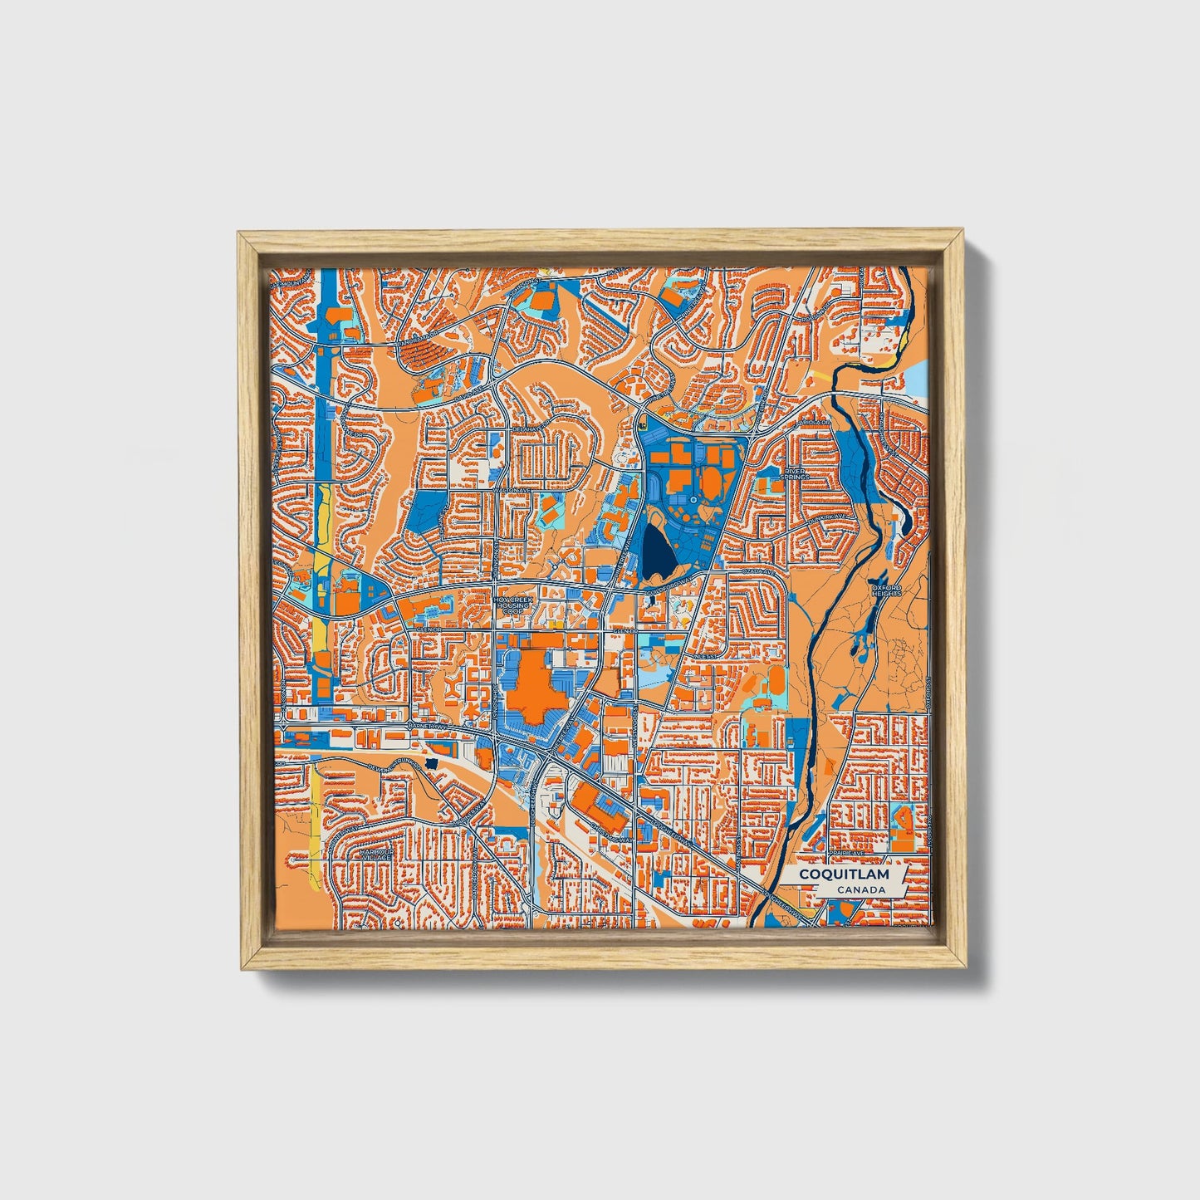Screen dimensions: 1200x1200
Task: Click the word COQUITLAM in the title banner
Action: click(x=844, y=874)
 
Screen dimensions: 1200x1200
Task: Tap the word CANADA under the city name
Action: click(x=860, y=890)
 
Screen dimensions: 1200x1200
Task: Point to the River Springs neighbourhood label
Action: click(x=795, y=473)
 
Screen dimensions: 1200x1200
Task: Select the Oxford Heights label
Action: click(x=886, y=590)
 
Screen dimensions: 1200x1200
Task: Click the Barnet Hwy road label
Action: click(x=428, y=727)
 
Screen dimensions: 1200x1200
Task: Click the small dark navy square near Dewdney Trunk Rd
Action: click(x=430, y=762)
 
